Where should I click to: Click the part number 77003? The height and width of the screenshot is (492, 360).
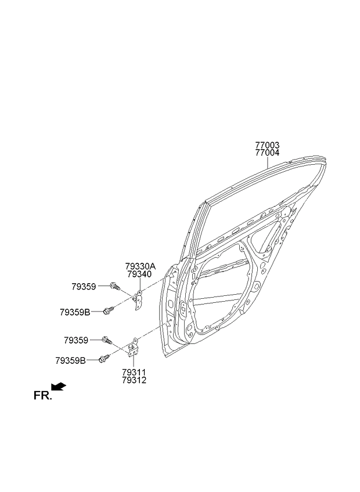267,145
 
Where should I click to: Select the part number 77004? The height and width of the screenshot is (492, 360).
267,153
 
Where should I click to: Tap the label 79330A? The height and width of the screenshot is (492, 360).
141,266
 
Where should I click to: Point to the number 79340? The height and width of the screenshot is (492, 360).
139,274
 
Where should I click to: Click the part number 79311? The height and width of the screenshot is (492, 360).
134,372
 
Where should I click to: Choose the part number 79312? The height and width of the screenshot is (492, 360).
134,380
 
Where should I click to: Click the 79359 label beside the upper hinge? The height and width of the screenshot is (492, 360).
84,287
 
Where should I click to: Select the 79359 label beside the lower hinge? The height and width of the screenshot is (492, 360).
76,340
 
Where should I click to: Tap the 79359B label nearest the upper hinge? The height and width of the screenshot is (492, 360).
75,312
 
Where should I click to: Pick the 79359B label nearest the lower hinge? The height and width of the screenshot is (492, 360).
70,360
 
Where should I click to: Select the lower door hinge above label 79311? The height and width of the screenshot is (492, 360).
133,348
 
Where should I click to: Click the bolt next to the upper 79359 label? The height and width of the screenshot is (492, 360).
115,286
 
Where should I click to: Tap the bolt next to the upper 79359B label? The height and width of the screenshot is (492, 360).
109,310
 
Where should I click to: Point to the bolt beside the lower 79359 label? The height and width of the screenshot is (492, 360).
107,340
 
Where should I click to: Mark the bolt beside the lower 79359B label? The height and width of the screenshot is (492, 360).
104,359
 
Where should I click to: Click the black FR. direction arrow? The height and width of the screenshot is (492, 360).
59,386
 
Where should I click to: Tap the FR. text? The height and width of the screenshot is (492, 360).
42,396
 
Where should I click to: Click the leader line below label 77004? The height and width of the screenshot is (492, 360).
267,163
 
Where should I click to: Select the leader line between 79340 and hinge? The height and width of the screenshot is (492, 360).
139,285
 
